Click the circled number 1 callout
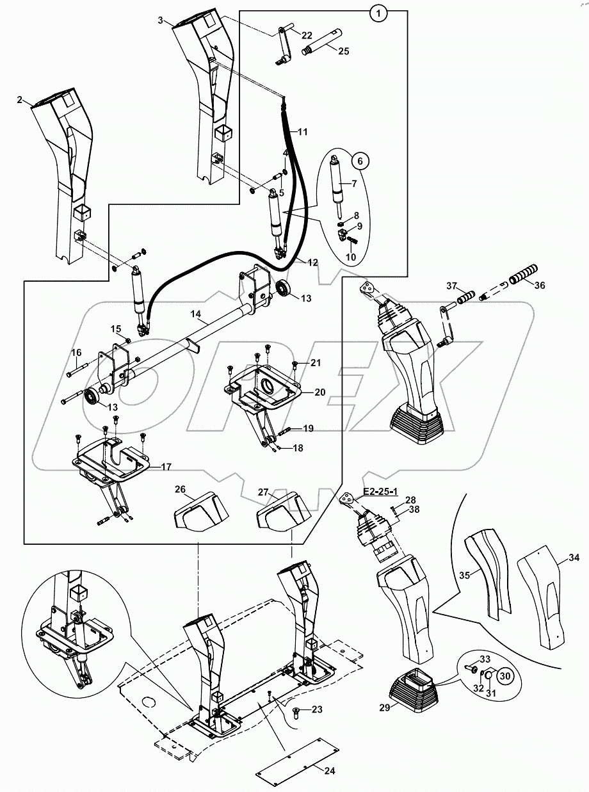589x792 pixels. pyautogui.click(x=378, y=13)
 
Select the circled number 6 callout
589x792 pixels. pyautogui.click(x=360, y=161)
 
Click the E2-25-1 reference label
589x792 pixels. pyautogui.click(x=381, y=491)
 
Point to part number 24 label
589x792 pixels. pyautogui.click(x=329, y=771)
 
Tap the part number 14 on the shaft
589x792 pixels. pyautogui.click(x=196, y=314)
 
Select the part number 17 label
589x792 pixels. pyautogui.click(x=166, y=467)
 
